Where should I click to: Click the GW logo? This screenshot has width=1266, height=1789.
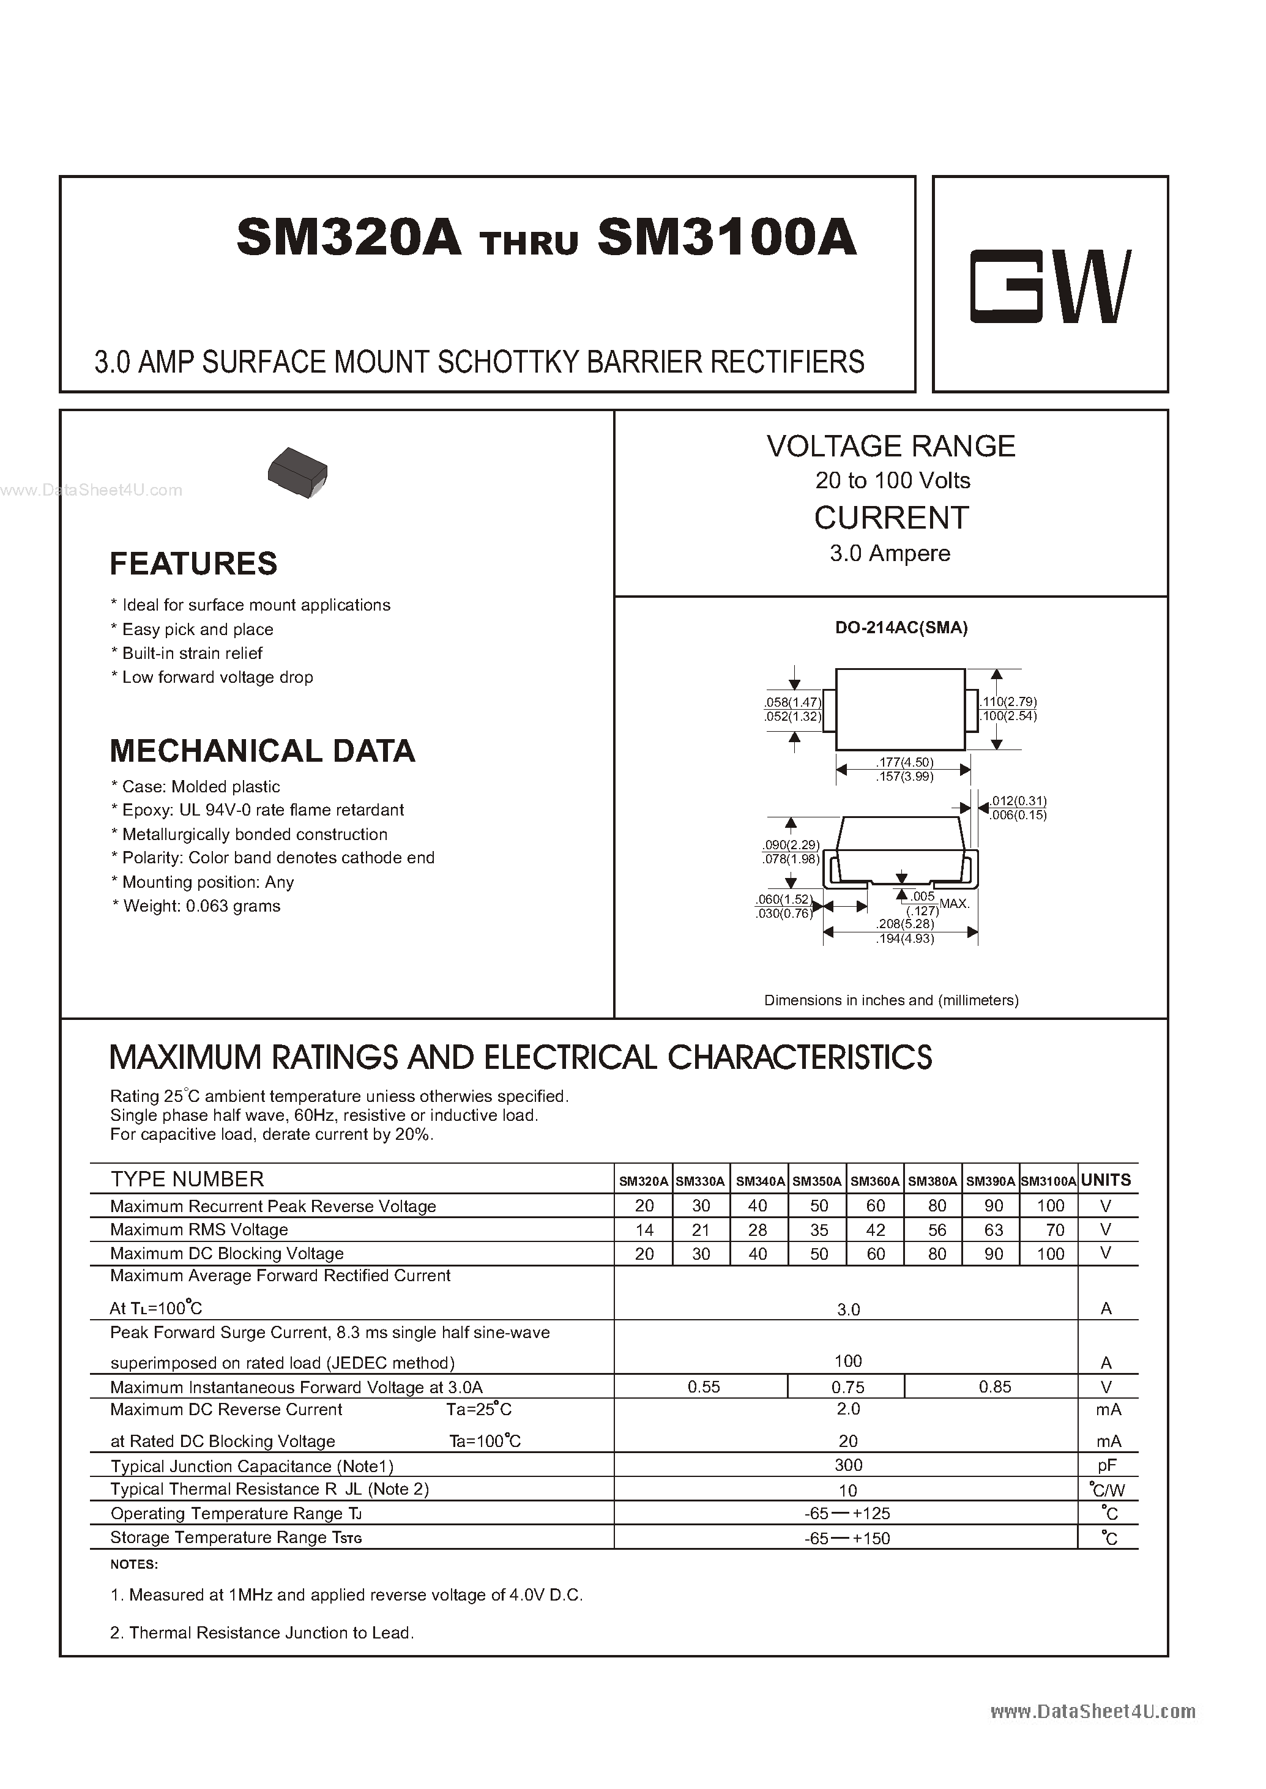coord(1049,286)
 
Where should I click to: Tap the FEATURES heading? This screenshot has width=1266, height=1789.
coord(193,563)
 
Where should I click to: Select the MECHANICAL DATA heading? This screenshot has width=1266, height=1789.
coord(262,751)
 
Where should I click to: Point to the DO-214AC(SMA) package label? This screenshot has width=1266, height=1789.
coord(901,628)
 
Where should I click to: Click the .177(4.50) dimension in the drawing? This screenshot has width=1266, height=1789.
coord(904,762)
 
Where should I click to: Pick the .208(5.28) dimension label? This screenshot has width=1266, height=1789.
coord(904,924)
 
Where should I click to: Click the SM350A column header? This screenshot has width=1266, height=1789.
coord(817,1181)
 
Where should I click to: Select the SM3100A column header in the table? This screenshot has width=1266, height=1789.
coord(1049,1181)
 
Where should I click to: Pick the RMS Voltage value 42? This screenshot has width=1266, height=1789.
coord(876,1230)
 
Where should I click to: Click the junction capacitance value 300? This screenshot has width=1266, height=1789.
coord(848,1465)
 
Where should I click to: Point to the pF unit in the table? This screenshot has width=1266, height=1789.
coord(1106,1465)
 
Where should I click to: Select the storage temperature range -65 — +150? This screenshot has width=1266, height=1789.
coord(847,1538)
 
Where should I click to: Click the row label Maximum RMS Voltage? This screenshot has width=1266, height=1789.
coord(199,1229)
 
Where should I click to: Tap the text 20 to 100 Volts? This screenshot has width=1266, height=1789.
coord(893,480)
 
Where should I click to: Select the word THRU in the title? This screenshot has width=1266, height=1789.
coord(530,244)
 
